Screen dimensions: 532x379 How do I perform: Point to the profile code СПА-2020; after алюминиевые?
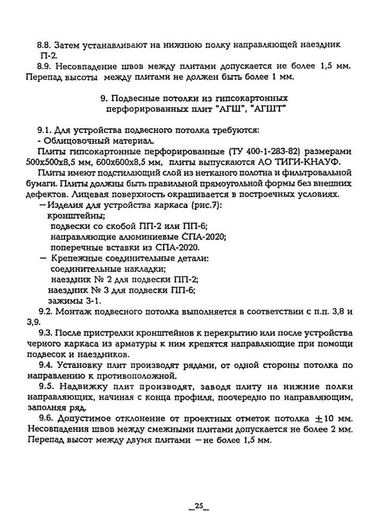pos(203,237)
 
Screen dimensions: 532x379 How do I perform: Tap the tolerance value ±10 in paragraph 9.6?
pos(319,418)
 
